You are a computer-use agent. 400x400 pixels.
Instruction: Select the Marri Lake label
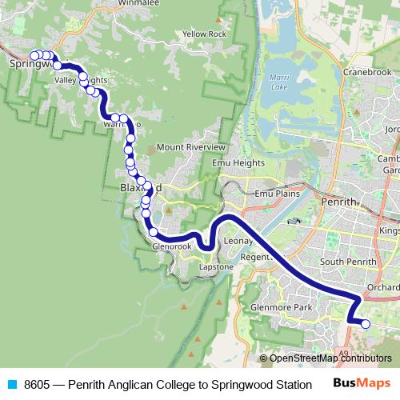pyautogui.click(x=280, y=82)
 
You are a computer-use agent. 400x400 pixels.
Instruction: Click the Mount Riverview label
pyautogui.click(x=190, y=147)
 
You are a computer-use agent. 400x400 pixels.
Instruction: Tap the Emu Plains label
pyautogui.click(x=276, y=194)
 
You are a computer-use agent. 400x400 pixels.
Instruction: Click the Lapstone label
pyautogui.click(x=216, y=266)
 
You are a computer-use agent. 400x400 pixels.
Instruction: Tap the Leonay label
pyautogui.click(x=238, y=240)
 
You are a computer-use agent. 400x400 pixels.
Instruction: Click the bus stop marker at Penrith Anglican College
pyautogui.click(x=366, y=324)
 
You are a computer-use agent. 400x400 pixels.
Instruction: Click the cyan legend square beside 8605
pyautogui.click(x=10, y=385)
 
